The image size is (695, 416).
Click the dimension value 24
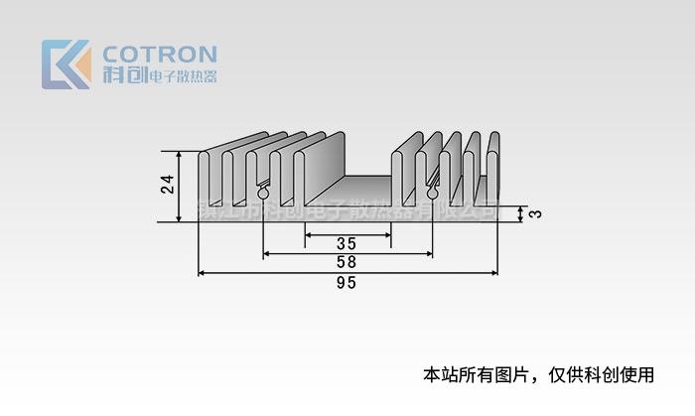click(x=168, y=184)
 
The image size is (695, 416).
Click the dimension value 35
click(x=347, y=244)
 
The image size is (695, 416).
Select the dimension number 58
click(x=347, y=263)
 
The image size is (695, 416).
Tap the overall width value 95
click(x=347, y=283)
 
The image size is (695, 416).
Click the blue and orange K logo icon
click(x=66, y=65)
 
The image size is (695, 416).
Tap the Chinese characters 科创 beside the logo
click(x=122, y=75)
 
